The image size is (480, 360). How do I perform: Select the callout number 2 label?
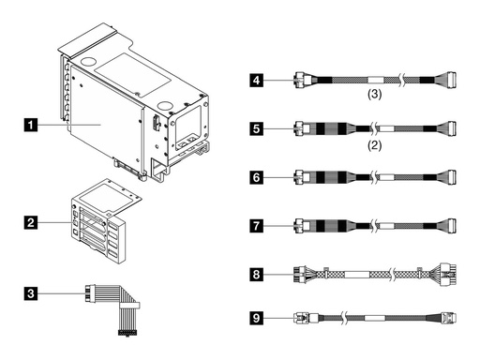pyautogui.click(x=33, y=222)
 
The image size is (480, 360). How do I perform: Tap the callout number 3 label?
pyautogui.click(x=33, y=294)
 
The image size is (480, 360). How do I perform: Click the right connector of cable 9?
pyautogui.click(x=451, y=317)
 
